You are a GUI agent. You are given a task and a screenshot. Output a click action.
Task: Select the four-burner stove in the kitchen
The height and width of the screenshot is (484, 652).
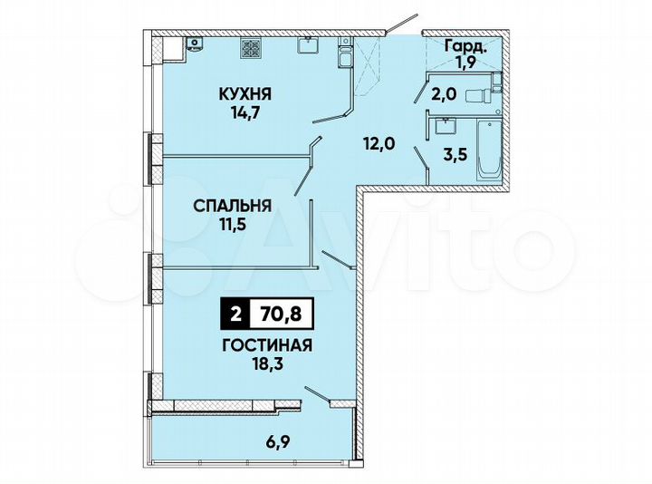point(251,46)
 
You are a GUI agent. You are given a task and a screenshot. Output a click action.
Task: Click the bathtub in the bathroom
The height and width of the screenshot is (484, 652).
point(489,150)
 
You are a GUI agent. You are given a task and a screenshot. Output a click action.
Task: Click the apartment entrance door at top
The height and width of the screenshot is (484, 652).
point(402,24)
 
